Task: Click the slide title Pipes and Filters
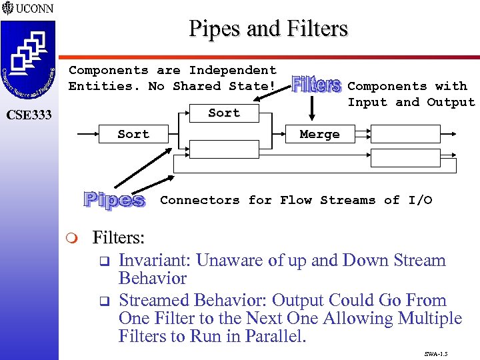[x=268, y=29]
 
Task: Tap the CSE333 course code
[x=29, y=115]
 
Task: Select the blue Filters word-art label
[x=317, y=85]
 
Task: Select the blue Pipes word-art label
[x=115, y=199]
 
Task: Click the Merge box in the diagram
[x=319, y=134]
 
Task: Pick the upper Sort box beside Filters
[x=223, y=113]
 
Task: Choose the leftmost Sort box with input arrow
[x=133, y=134]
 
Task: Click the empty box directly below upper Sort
[x=223, y=149]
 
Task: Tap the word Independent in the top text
[x=233, y=70]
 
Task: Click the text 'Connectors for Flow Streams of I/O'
[x=296, y=200]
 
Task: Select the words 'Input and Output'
[x=411, y=102]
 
